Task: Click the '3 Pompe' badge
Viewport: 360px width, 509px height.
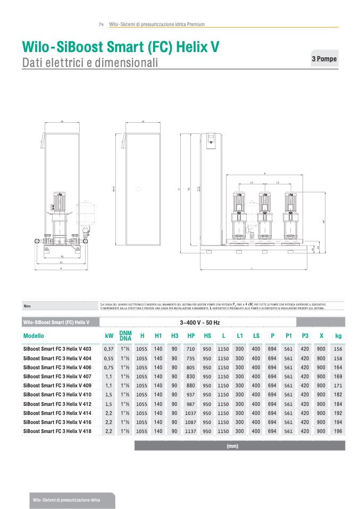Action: click(323, 59)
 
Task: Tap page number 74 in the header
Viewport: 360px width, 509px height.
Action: click(101, 24)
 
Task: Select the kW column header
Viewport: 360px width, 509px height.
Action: click(109, 336)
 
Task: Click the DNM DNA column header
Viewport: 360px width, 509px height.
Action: click(125, 336)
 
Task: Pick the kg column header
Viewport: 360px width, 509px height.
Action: click(338, 336)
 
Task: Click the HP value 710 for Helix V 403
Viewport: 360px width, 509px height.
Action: click(191, 349)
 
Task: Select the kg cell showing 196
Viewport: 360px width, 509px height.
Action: click(338, 431)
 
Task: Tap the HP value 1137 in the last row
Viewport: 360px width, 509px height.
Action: click(191, 431)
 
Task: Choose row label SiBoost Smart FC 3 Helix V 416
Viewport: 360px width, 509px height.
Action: click(57, 422)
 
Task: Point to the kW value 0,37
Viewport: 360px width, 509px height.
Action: click(109, 349)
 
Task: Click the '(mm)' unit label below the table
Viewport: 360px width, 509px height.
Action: click(232, 446)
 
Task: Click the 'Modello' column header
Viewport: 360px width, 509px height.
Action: click(34, 336)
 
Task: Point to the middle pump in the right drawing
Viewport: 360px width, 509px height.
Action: click(264, 215)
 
